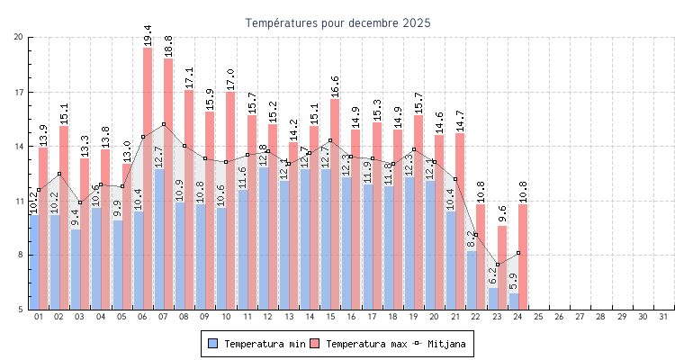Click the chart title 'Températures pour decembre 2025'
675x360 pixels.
coord(337,22)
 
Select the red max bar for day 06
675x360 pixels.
coord(148,180)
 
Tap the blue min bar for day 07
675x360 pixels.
coord(158,239)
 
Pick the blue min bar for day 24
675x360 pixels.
coord(513,301)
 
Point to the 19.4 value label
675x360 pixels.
coord(148,35)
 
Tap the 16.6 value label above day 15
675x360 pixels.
coord(335,86)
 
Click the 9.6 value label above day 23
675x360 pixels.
coord(502,213)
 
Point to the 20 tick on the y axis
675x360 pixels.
coord(19,37)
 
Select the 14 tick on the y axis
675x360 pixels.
coord(19,147)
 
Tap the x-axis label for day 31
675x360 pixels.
coord(663,317)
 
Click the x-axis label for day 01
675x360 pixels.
coord(39,317)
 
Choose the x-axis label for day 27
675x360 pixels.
coord(580,317)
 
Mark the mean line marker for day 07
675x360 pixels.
coord(164,124)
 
